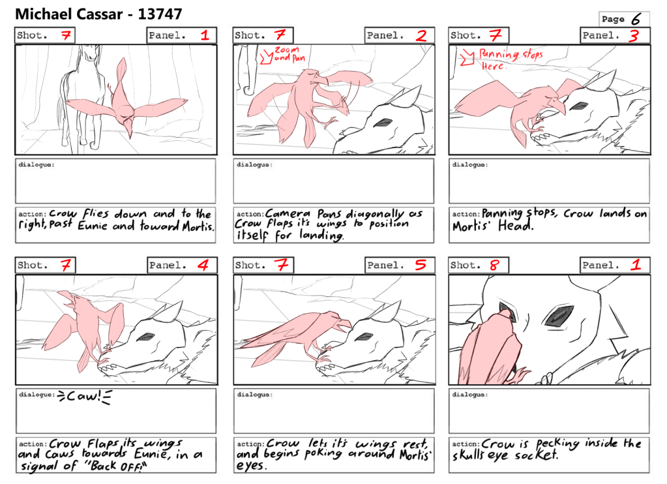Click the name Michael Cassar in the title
click(x=70, y=14)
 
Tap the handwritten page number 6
click(x=636, y=19)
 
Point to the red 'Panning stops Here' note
click(x=511, y=59)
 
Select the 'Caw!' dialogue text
click(x=84, y=397)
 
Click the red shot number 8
click(x=494, y=265)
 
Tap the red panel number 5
click(x=421, y=265)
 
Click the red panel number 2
click(x=421, y=35)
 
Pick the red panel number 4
click(x=203, y=265)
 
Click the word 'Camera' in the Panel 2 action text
click(x=288, y=213)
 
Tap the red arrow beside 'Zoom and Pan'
click(x=267, y=56)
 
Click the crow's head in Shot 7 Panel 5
click(x=338, y=322)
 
